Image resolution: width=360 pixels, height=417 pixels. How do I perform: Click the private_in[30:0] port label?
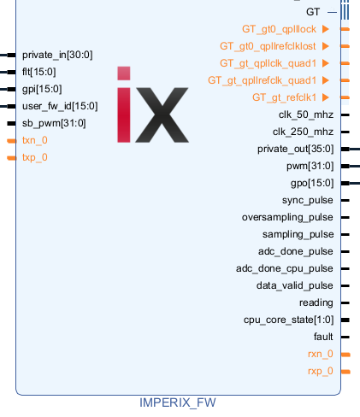pos(57,55)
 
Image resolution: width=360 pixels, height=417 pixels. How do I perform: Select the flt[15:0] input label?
pos(39,72)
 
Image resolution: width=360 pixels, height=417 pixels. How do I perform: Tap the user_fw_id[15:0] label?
pos(60,106)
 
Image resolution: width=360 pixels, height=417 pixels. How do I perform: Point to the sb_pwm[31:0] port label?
pos(54,123)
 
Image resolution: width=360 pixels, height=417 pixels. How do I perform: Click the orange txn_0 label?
pos(35,140)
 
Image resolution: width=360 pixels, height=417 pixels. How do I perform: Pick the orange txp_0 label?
pos(35,157)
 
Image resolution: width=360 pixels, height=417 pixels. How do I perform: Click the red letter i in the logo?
pos(124,104)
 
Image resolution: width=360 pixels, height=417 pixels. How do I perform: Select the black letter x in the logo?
pos(162,115)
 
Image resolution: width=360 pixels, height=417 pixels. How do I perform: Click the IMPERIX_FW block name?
pos(178,402)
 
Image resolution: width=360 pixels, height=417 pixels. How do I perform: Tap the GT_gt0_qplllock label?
pos(279,29)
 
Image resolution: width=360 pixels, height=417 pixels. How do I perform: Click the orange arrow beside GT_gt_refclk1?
pos(326,97)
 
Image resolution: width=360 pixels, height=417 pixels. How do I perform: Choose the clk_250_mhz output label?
pos(303,132)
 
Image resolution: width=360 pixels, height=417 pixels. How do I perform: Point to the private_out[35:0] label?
pos(295,149)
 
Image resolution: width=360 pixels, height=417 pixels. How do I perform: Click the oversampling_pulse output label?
pos(287,217)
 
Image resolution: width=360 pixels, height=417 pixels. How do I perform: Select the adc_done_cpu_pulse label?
pos(285,268)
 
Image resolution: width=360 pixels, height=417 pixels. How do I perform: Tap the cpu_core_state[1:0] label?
pos(288,320)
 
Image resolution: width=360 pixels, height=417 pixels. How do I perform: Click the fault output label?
pos(323,337)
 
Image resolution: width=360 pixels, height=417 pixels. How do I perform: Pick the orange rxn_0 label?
pos(321,354)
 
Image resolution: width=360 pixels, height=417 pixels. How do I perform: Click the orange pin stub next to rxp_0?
pos(345,372)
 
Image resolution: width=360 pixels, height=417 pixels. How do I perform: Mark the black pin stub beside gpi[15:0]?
pos(11,89)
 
